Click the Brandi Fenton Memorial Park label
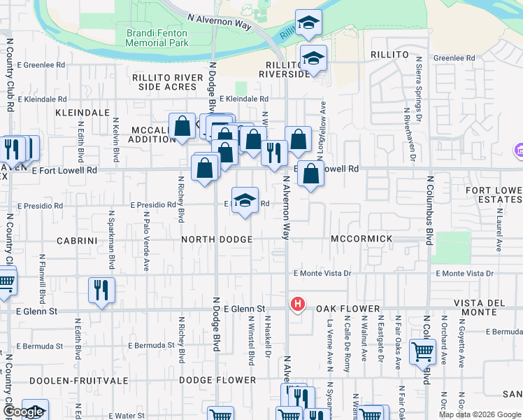(157, 38)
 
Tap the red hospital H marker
(298, 304)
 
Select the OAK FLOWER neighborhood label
(348, 309)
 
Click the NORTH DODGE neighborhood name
(217, 239)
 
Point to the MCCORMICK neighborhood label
(362, 239)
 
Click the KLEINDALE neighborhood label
(83, 112)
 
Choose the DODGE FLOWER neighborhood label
(217, 380)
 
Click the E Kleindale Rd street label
(244, 100)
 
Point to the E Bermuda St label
(152, 345)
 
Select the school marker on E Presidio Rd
(245, 200)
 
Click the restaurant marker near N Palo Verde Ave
(102, 289)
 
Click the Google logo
(23, 412)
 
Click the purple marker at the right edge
(519, 150)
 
